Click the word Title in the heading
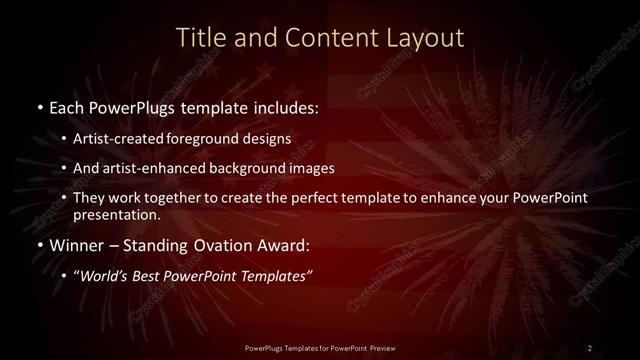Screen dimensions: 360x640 pyautogui.click(x=200, y=38)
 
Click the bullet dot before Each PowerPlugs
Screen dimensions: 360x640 pyautogui.click(x=38, y=105)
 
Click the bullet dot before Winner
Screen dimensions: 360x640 pyautogui.click(x=38, y=245)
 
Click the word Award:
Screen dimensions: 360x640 pyautogui.click(x=290, y=245)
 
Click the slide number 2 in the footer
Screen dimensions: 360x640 pyautogui.click(x=590, y=347)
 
